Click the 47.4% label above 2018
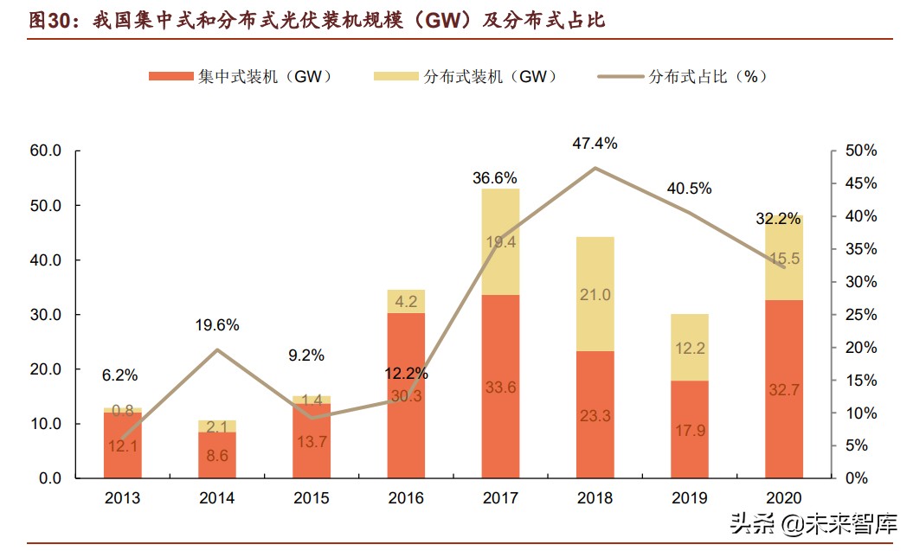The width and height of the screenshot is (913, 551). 595,144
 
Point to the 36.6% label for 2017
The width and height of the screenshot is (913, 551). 495,178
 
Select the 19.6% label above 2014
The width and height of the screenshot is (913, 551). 216,325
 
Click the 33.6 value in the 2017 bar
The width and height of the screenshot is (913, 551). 501,388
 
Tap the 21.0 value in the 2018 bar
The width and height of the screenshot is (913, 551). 595,295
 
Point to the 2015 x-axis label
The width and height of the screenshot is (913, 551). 312,498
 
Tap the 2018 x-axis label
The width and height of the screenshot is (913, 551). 595,498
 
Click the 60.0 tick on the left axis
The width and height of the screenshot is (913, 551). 45,151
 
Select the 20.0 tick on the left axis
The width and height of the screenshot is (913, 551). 45,369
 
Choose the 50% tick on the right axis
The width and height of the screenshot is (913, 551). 860,151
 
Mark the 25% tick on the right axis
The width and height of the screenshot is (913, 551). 860,315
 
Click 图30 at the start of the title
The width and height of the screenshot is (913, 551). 49,21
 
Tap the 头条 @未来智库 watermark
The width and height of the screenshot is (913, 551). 813,523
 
